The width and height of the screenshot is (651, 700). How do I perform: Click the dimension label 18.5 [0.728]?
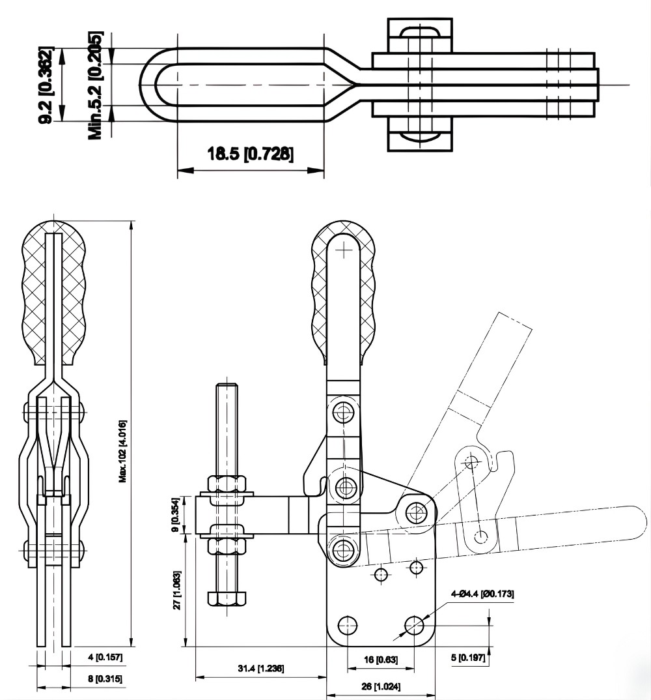tap(251, 154)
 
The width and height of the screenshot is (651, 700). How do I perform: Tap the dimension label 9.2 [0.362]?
tap(46, 85)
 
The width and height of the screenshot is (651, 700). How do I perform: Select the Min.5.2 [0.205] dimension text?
tap(96, 85)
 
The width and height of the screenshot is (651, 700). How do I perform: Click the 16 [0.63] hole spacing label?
tap(380, 660)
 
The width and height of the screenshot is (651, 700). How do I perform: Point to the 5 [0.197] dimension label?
tap(468, 658)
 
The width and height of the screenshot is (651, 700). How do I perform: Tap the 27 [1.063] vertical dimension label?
tap(178, 590)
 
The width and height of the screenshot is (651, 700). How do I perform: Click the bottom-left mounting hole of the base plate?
tap(348, 626)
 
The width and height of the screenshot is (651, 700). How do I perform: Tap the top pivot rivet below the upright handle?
tap(344, 412)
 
